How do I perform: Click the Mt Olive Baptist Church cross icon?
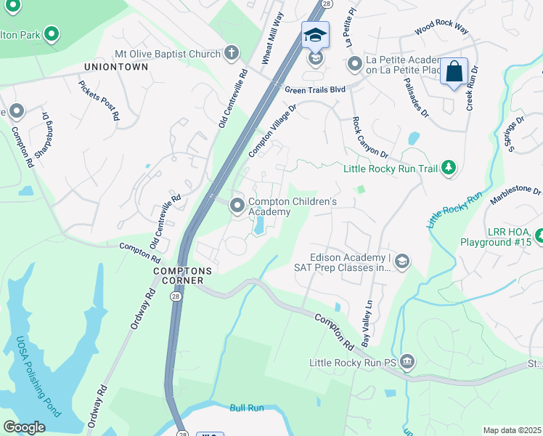[231, 52]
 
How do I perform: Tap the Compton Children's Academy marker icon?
[237, 206]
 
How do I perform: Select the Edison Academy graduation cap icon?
[402, 261]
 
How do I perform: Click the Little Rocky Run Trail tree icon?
[449, 169]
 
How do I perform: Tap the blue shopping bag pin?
[454, 72]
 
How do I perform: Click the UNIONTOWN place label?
[116, 67]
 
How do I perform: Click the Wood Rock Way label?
[442, 28]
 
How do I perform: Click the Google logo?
[24, 427]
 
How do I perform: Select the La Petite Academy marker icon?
[355, 65]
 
